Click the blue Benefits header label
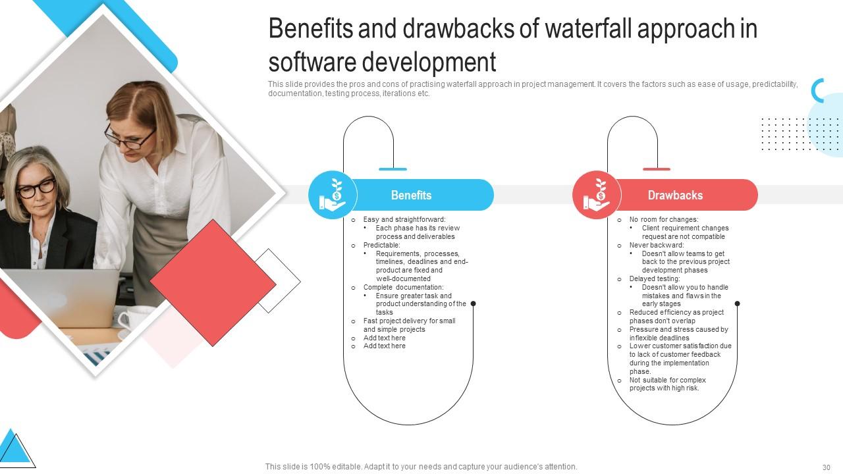[x=411, y=195]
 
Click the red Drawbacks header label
[x=675, y=195]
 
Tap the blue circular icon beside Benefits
[x=333, y=195]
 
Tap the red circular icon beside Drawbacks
[x=597, y=195]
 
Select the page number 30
[x=826, y=467]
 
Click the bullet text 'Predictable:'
[x=381, y=245]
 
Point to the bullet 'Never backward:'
[x=647, y=245]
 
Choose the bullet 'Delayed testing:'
[x=649, y=279]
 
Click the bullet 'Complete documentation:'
[x=403, y=287]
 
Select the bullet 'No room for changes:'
[x=663, y=220]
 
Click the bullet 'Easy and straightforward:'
[x=404, y=220]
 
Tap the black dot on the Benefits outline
[x=473, y=303]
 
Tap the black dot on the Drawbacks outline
[x=737, y=303]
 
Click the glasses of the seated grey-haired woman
[x=36, y=188]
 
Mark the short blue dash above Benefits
[x=393, y=169]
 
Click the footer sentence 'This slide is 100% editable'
[x=421, y=467]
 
